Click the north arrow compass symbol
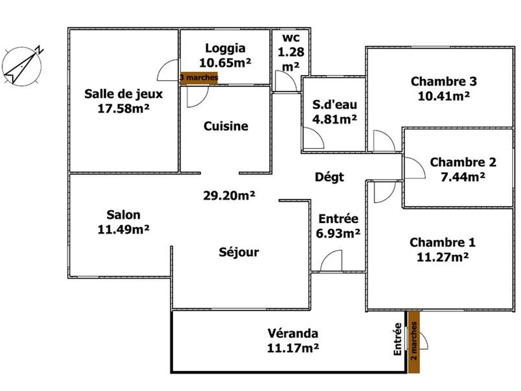pyautogui.click(x=22, y=66)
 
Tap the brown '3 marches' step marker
pyautogui.click(x=199, y=78)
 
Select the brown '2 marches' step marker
pyautogui.click(x=414, y=342)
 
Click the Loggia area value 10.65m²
pyautogui.click(x=225, y=63)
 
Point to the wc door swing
pyautogui.click(x=286, y=81)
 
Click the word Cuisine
pyautogui.click(x=226, y=126)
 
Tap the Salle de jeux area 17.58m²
pyautogui.click(x=123, y=109)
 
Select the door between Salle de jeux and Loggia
pyautogui.click(x=168, y=70)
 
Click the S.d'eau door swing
pyautogui.click(x=313, y=138)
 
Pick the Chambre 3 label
pyautogui.click(x=444, y=81)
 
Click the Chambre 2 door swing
pyautogui.click(x=415, y=168)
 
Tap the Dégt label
pyautogui.click(x=329, y=177)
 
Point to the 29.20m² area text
pyautogui.click(x=229, y=195)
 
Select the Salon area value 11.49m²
pyautogui.click(x=123, y=229)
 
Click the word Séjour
pyautogui.click(x=239, y=252)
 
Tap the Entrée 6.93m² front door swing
pyautogui.click(x=331, y=260)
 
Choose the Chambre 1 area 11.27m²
pyautogui.click(x=442, y=257)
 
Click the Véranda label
pyautogui.click(x=293, y=333)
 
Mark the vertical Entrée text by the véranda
pyautogui.click(x=397, y=339)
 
